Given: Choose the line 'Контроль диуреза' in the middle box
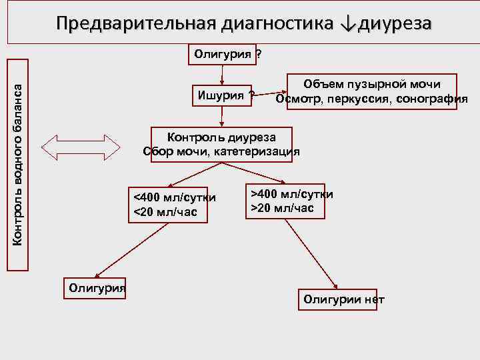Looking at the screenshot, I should click(x=221, y=137).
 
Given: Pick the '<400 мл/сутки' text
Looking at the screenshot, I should click(x=175, y=198).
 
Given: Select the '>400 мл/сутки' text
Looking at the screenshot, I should click(x=291, y=194).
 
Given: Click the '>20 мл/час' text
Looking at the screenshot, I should click(x=283, y=207).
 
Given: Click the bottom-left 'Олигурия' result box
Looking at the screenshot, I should click(x=97, y=287).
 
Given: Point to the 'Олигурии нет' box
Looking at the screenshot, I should click(x=344, y=299).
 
